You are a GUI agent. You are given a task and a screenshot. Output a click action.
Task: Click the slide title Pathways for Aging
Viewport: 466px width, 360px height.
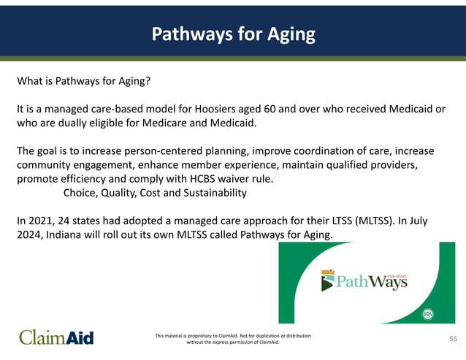(x=233, y=34)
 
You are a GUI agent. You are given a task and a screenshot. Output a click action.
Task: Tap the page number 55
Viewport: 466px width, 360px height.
(x=452, y=339)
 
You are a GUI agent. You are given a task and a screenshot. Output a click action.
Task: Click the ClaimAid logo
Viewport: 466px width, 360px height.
(x=56, y=337)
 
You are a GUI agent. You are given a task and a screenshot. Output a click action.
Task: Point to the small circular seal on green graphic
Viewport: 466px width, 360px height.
(x=428, y=314)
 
